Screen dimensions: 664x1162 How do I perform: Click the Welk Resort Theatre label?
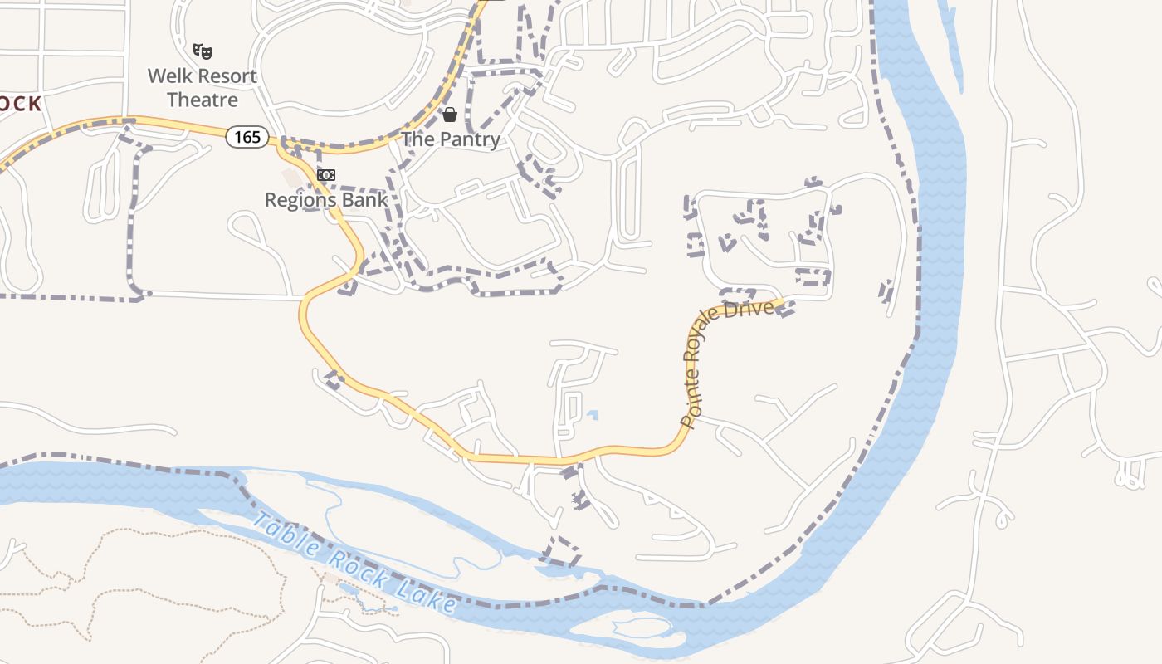point(203,88)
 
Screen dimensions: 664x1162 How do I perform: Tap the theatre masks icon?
point(203,51)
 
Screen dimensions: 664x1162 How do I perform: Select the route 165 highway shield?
point(247,137)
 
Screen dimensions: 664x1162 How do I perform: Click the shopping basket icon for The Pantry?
point(450,115)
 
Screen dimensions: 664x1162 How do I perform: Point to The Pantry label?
point(451,139)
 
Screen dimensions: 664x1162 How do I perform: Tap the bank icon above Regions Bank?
point(326,175)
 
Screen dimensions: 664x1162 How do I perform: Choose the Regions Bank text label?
point(326,200)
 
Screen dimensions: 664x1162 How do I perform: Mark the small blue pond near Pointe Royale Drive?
point(592,414)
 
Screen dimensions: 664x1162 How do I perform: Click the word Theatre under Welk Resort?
point(203,100)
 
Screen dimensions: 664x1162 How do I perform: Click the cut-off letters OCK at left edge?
point(20,104)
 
